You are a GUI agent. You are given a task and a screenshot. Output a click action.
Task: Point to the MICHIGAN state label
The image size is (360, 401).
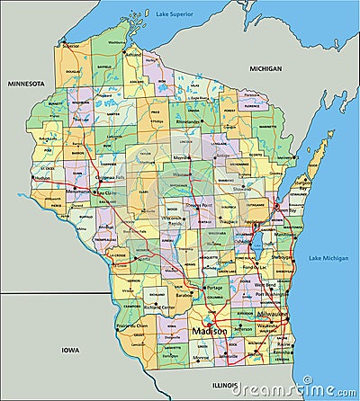(266, 68)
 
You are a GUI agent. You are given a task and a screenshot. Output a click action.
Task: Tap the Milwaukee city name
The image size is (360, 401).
(273, 314)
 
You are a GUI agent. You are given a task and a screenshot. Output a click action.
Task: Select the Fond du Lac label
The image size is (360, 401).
(255, 267)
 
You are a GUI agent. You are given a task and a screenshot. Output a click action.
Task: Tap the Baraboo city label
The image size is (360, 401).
(187, 293)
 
